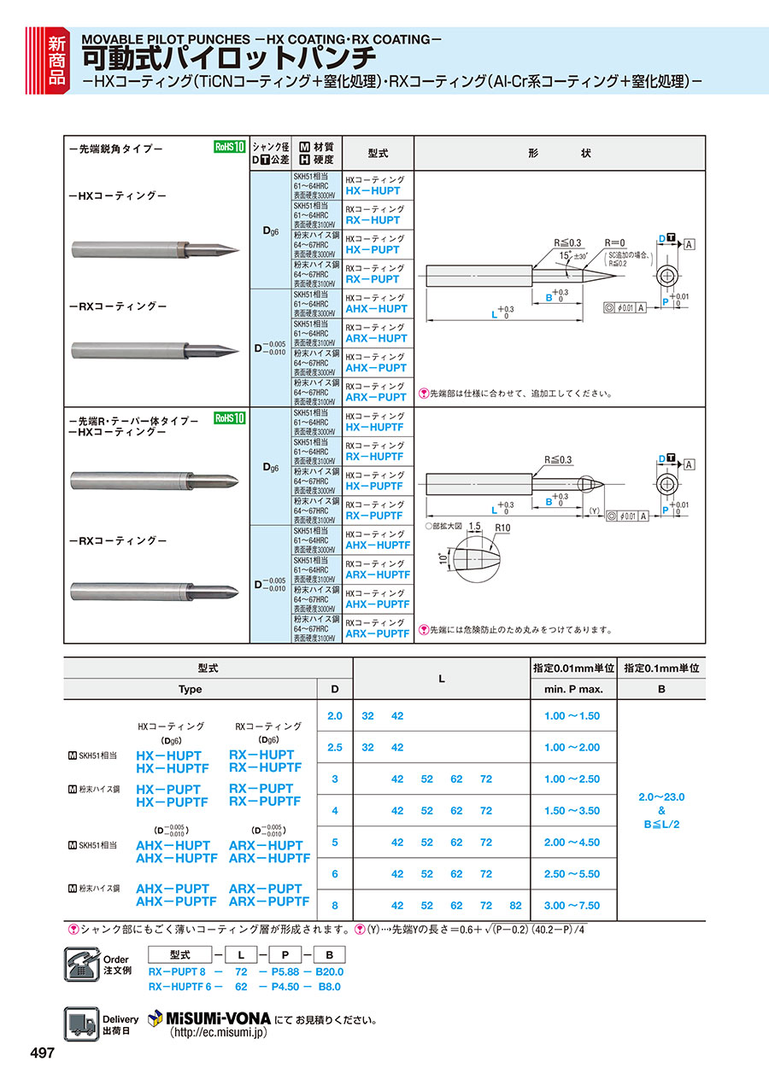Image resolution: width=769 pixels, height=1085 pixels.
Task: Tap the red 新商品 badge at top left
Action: [55, 59]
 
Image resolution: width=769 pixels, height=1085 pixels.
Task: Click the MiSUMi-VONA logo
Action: [209, 1018]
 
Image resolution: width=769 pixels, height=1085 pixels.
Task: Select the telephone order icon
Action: [82, 965]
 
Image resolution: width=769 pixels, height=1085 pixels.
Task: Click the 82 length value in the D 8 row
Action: [515, 906]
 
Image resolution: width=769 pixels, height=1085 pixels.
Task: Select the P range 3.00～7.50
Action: [572, 906]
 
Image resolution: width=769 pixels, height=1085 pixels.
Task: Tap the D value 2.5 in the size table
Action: [335, 747]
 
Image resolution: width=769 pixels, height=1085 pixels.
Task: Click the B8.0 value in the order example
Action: [330, 987]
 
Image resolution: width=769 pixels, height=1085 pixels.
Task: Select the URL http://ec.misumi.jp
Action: [219, 1032]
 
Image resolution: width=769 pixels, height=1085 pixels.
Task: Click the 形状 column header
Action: [559, 154]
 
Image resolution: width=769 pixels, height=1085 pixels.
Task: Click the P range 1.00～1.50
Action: [572, 716]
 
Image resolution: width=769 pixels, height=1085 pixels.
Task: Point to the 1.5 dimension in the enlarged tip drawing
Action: [474, 527]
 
